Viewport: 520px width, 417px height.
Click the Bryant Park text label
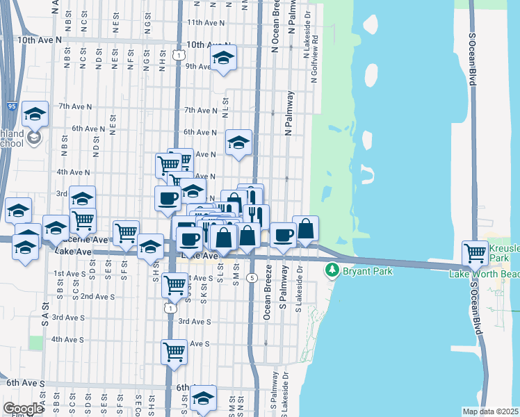coord(367,269)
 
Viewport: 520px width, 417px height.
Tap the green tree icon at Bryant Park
coord(334,269)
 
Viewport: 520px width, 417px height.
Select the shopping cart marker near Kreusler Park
coord(476,252)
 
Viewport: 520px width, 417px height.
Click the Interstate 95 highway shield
coord(13,106)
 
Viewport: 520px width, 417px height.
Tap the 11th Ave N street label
coord(206,22)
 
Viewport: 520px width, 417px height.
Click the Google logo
coord(24,409)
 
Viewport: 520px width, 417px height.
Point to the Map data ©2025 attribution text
coord(490,411)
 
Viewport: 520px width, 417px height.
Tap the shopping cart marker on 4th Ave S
coord(174,350)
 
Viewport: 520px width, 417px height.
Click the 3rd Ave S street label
coord(195,322)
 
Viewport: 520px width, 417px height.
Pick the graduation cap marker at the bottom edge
coord(203,398)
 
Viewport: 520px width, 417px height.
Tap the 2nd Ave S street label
coord(97,296)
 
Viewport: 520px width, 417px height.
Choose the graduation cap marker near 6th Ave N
coord(238,143)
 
